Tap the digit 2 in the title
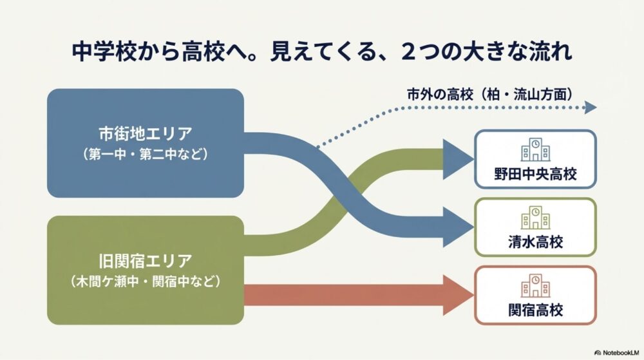[407, 52]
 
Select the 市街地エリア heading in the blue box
[145, 134]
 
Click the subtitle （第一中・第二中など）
[145, 155]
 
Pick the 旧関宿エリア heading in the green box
[145, 261]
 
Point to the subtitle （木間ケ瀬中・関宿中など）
[145, 281]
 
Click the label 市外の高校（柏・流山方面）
[489, 93]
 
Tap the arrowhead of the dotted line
[590, 108]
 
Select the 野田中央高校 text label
[535, 175]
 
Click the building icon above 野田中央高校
[535, 150]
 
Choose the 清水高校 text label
[535, 242]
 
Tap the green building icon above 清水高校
[535, 218]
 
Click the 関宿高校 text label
[535, 310]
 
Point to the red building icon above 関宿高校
[535, 285]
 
